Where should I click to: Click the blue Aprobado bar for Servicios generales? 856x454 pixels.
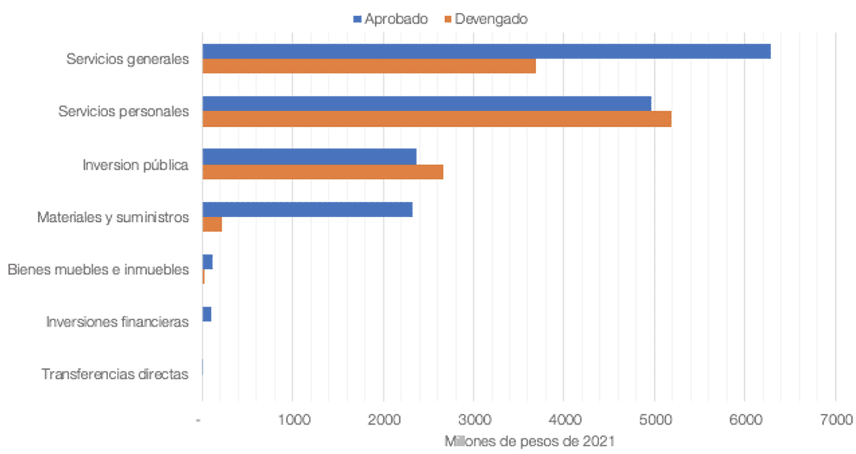click(x=486, y=51)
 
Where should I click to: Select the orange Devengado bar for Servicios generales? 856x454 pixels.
click(x=369, y=66)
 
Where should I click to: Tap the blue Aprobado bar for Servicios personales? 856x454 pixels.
click(x=427, y=104)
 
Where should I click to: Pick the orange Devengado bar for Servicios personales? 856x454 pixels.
click(x=437, y=119)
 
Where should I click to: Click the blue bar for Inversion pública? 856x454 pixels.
click(x=309, y=156)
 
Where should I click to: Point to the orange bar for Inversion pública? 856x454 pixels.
click(x=323, y=172)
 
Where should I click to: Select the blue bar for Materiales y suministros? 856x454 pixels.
click(x=308, y=210)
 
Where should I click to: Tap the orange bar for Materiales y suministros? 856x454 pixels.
click(x=212, y=224)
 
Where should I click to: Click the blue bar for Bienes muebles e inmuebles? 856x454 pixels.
click(x=207, y=262)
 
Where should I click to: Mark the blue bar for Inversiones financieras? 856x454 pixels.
click(x=207, y=315)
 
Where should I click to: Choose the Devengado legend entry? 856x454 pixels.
click(x=484, y=19)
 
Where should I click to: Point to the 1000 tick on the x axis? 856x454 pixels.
click(x=292, y=420)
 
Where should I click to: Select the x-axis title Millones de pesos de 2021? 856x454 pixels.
click(x=529, y=441)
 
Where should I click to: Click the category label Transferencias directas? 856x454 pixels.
click(x=115, y=374)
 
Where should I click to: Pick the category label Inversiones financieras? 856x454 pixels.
click(x=117, y=321)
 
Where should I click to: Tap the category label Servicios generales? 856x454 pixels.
click(x=128, y=59)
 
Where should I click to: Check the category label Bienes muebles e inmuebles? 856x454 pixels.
click(x=98, y=269)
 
